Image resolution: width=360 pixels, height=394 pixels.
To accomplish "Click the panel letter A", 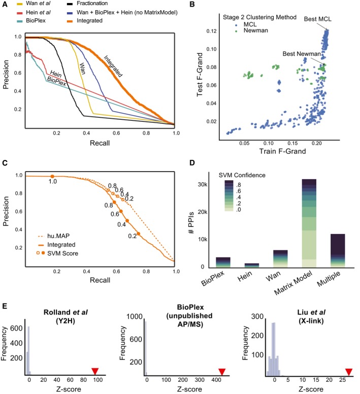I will [5, 4].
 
